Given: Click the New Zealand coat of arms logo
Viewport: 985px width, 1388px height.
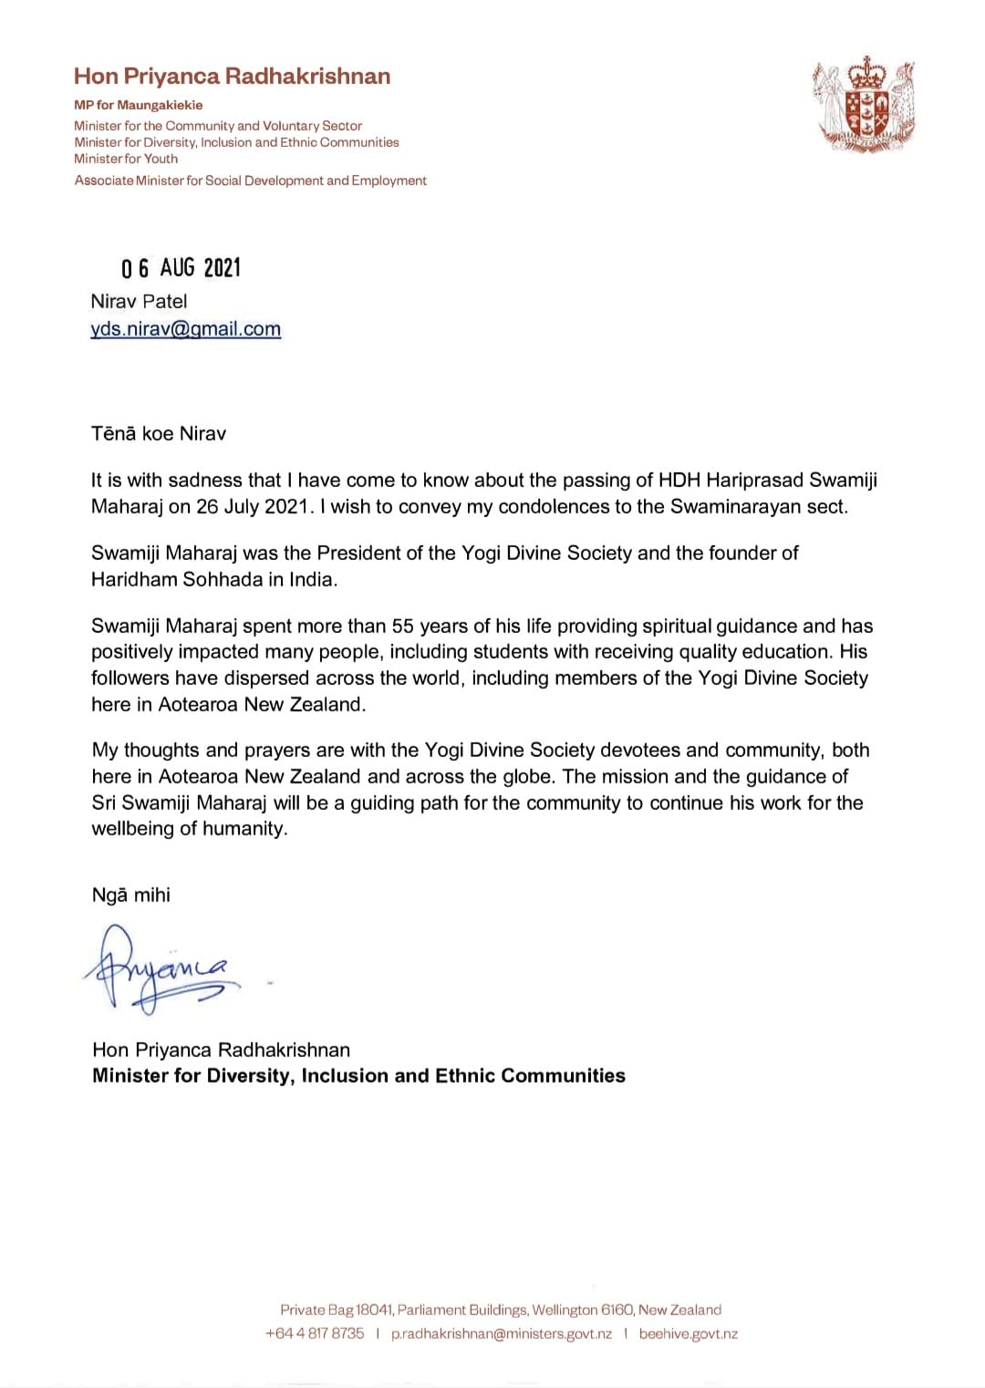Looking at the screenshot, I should (863, 104).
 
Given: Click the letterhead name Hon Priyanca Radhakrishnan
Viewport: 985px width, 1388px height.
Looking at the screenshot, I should (232, 76).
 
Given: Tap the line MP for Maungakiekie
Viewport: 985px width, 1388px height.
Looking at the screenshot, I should (139, 105).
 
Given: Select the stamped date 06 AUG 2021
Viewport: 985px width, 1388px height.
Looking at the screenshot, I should (181, 267).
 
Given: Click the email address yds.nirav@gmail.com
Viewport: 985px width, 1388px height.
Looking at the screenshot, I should (186, 329).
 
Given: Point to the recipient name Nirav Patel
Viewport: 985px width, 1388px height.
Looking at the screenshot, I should (139, 301).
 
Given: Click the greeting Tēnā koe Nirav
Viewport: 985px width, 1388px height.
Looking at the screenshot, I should (159, 433).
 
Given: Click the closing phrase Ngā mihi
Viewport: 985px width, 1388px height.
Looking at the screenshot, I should (131, 895).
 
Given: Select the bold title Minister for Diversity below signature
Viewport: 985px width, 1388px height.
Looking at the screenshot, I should (358, 1075).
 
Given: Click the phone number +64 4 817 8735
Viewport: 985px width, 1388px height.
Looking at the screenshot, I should (315, 1333).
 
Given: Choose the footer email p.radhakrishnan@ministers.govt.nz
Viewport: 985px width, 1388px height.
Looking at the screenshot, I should (501, 1333).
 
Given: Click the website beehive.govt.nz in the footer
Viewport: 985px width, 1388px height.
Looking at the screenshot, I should (689, 1333).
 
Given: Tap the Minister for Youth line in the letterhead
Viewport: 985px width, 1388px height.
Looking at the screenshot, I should (126, 159).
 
